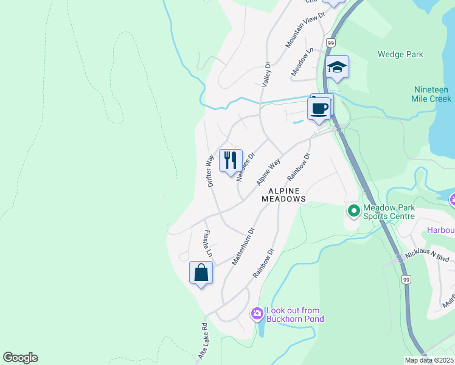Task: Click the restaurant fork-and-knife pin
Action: [x=231, y=161]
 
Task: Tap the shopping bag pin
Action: [x=201, y=273]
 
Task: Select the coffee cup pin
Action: [x=320, y=109]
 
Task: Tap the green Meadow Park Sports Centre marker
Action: [x=353, y=211]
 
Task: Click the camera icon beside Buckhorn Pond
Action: [x=257, y=314]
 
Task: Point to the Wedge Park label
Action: [x=400, y=54]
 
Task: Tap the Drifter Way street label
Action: [x=210, y=170]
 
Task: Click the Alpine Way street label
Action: [x=268, y=172]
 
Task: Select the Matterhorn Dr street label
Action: [x=242, y=246]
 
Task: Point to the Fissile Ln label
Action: [x=208, y=243]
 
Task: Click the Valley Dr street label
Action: [x=266, y=74]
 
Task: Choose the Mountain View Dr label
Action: [x=302, y=32]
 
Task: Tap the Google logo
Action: [x=20, y=358]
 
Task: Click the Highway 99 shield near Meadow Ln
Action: [x=330, y=43]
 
